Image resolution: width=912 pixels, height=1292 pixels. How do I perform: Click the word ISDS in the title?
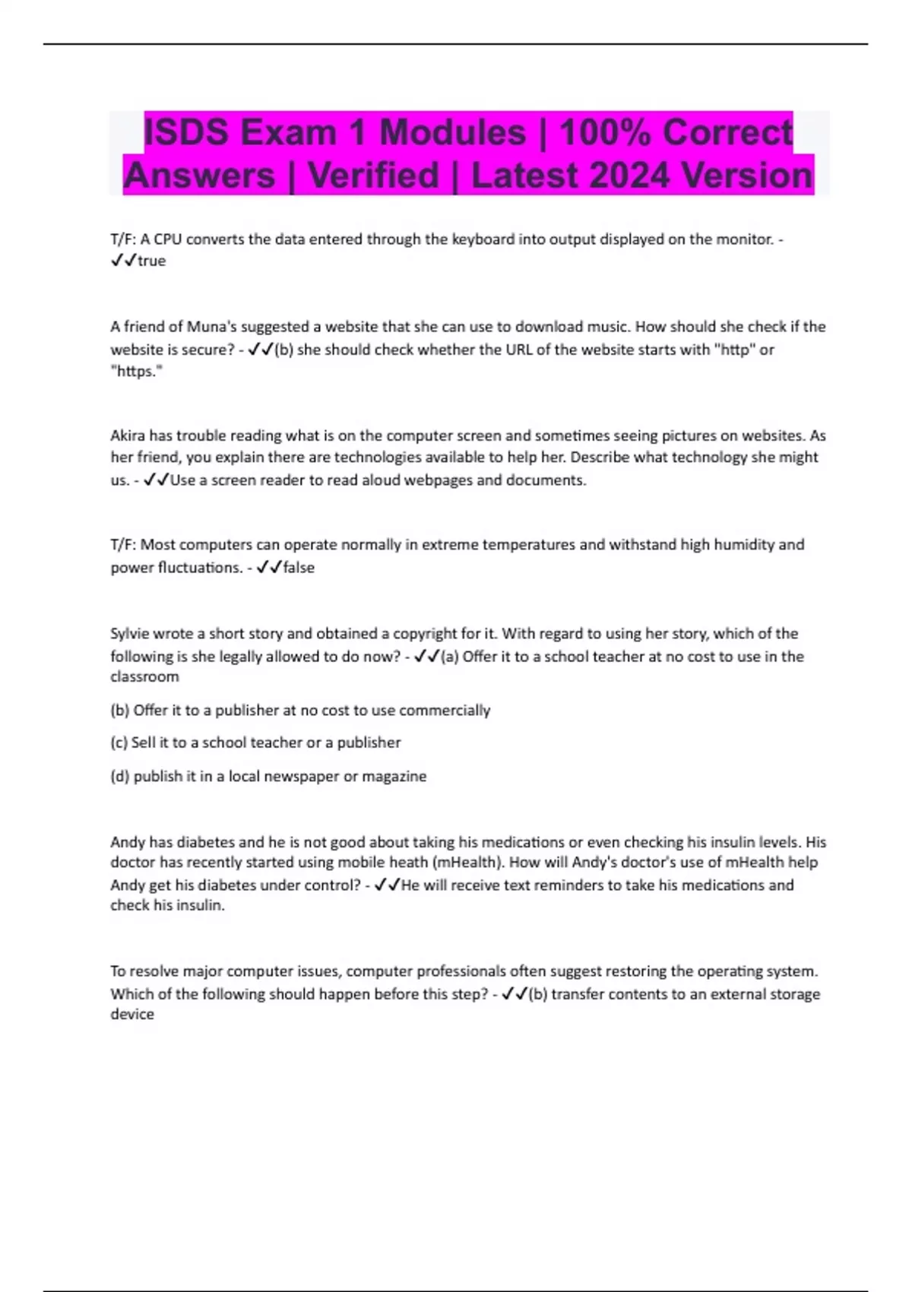tap(186, 132)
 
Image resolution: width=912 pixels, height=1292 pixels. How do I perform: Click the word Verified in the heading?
tap(373, 176)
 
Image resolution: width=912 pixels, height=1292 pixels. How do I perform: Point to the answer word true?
tap(151, 261)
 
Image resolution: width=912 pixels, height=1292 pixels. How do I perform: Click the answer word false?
tap(299, 568)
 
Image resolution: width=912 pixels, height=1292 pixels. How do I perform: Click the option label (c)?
tap(119, 743)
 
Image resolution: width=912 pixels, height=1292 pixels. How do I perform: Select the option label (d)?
tap(120, 777)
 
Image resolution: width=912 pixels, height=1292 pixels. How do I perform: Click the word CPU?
tap(168, 239)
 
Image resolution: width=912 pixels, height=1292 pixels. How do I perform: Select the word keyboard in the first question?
tap(483, 239)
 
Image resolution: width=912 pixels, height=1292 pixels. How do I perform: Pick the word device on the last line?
tap(132, 1015)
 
